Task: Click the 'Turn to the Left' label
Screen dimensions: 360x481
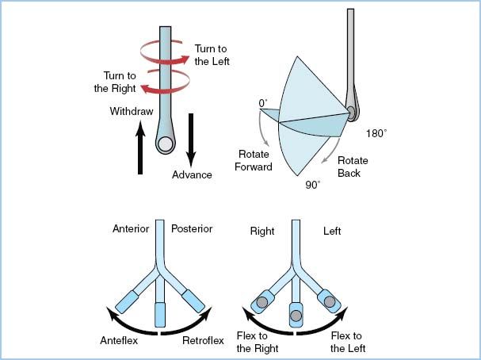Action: coord(212,56)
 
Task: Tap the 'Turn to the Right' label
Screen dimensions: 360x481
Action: coord(119,82)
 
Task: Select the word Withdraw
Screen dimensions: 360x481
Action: coord(131,111)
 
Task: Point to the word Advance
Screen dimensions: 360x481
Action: coord(192,174)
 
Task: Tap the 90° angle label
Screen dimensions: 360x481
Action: coord(313,186)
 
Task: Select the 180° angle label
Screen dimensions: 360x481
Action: coord(376,134)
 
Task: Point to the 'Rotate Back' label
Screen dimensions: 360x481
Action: coord(353,167)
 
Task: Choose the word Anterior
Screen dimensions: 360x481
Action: coord(132,229)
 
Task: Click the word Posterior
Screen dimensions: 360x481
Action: coord(192,229)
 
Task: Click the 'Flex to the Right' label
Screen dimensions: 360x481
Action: coord(256,343)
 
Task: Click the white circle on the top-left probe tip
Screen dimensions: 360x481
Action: coord(166,144)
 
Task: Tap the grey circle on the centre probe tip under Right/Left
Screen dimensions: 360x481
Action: coord(296,315)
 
